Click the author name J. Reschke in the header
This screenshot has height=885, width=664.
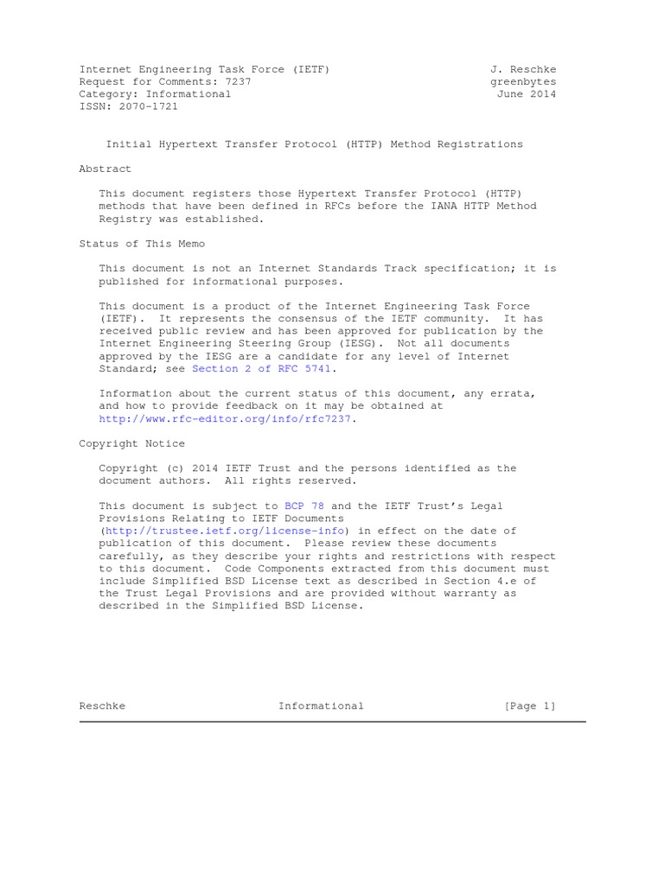523,69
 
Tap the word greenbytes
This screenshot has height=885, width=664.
523,82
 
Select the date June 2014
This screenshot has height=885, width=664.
527,94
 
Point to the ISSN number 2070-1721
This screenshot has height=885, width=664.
149,106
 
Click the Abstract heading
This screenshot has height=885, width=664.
105,169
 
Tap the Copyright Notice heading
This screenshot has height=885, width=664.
131,443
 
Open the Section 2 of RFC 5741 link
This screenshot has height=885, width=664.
261,369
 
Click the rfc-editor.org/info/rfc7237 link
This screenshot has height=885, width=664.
227,418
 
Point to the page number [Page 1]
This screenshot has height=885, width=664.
530,706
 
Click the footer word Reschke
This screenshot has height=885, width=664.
102,706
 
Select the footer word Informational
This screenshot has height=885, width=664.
321,706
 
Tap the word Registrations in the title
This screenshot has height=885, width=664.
480,144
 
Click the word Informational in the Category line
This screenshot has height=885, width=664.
188,94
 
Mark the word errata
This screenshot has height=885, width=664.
514,393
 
